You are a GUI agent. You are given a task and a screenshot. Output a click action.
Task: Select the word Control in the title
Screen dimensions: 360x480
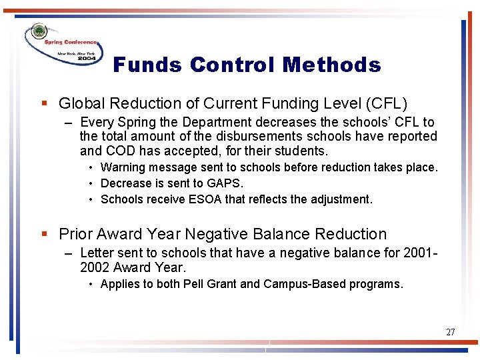coord(233,65)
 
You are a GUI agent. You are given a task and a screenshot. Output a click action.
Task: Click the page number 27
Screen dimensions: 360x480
coord(451,332)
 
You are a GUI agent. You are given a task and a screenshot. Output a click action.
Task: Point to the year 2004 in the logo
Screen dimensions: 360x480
coord(87,58)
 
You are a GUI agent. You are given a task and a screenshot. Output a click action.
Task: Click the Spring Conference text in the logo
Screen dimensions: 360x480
coord(71,42)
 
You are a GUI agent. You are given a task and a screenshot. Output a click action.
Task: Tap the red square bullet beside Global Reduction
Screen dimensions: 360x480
coord(44,103)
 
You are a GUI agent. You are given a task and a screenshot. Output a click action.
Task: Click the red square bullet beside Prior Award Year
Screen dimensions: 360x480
coord(44,234)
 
